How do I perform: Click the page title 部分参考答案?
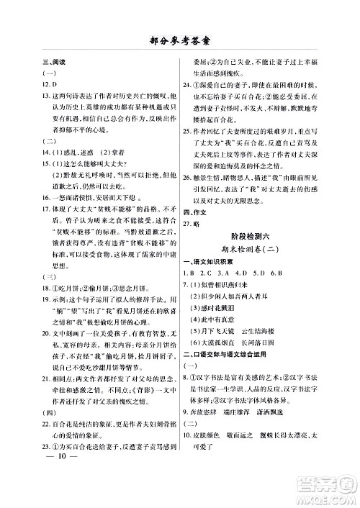pyautogui.click(x=180, y=40)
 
